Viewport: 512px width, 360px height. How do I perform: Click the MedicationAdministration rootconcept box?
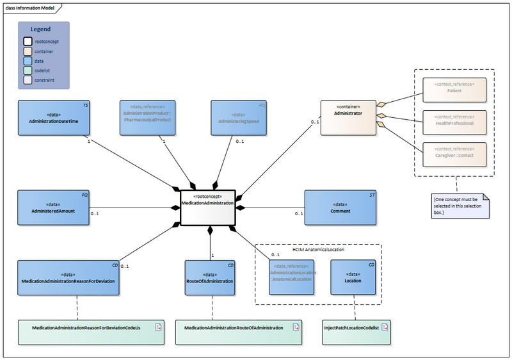[x=208, y=208]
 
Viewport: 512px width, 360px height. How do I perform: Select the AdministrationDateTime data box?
[x=53, y=117]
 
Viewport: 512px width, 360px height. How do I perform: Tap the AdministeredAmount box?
[x=53, y=207]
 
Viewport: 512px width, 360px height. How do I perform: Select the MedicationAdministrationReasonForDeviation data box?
[x=68, y=277]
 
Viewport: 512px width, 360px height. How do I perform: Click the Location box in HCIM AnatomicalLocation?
[x=353, y=277]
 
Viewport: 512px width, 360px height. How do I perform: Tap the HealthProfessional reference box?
[x=454, y=120]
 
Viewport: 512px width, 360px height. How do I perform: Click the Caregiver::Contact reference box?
[x=454, y=153]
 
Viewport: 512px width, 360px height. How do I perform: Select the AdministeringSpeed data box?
[x=238, y=117]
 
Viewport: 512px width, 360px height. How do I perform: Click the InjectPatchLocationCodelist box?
[x=355, y=327]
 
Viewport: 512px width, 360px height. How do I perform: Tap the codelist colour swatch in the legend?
[x=28, y=71]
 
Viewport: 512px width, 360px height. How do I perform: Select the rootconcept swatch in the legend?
[x=28, y=42]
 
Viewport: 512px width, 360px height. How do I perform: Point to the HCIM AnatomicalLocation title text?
[x=318, y=249]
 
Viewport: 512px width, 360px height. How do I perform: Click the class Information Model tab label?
[x=31, y=8]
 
